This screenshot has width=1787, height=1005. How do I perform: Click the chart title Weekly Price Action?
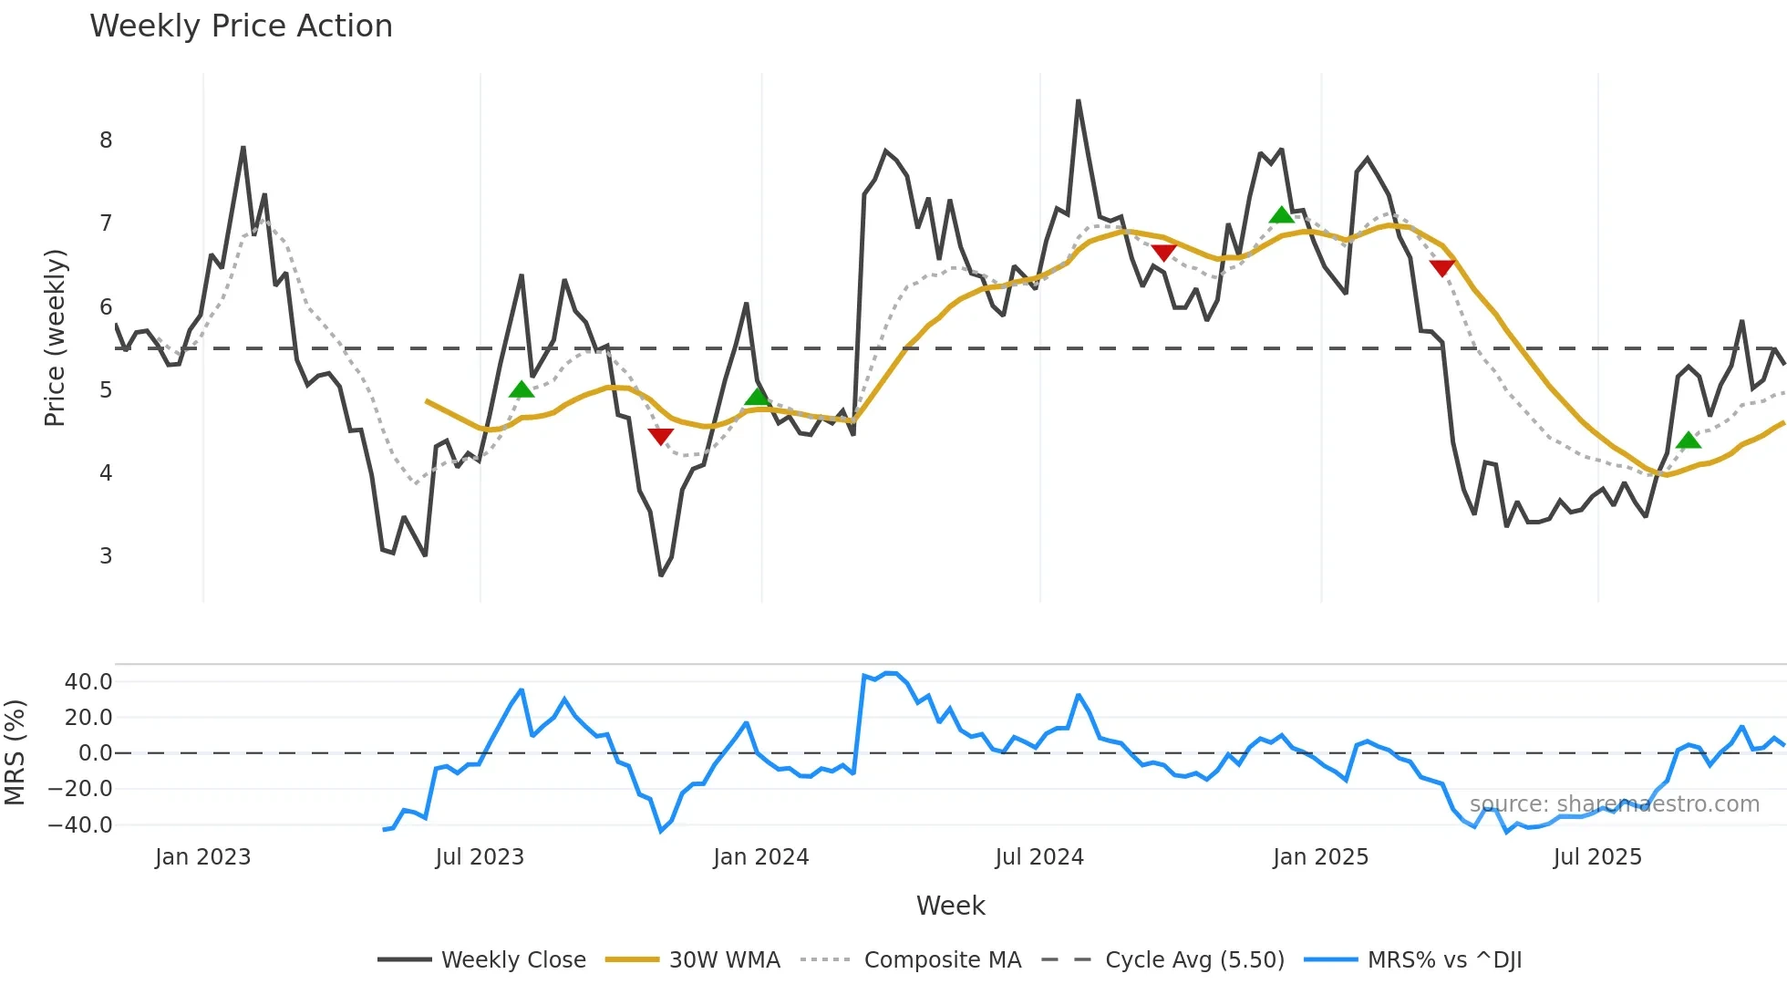coord(242,26)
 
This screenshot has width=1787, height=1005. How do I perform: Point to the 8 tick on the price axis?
coord(106,140)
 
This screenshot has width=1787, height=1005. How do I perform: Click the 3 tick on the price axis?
coord(106,555)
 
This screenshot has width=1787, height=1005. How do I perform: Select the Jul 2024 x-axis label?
coord(1039,857)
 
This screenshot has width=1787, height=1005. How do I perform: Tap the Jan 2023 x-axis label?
coord(202,857)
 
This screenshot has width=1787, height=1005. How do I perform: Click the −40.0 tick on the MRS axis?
coord(80,825)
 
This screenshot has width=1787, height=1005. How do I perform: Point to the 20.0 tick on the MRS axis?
coord(88,718)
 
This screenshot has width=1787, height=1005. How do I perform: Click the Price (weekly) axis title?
coord(55,337)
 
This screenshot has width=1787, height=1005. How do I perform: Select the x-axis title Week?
coord(950,906)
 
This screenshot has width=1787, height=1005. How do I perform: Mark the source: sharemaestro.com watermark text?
coord(1614,804)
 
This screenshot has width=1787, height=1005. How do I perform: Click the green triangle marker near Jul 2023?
coord(522,390)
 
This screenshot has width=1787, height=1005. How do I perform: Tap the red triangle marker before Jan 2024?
coord(660,436)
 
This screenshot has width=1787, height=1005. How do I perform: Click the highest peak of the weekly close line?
coord(1079,100)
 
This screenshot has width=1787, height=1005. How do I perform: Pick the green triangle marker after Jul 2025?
coord(1689,441)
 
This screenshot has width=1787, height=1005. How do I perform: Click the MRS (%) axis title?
coord(15,752)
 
